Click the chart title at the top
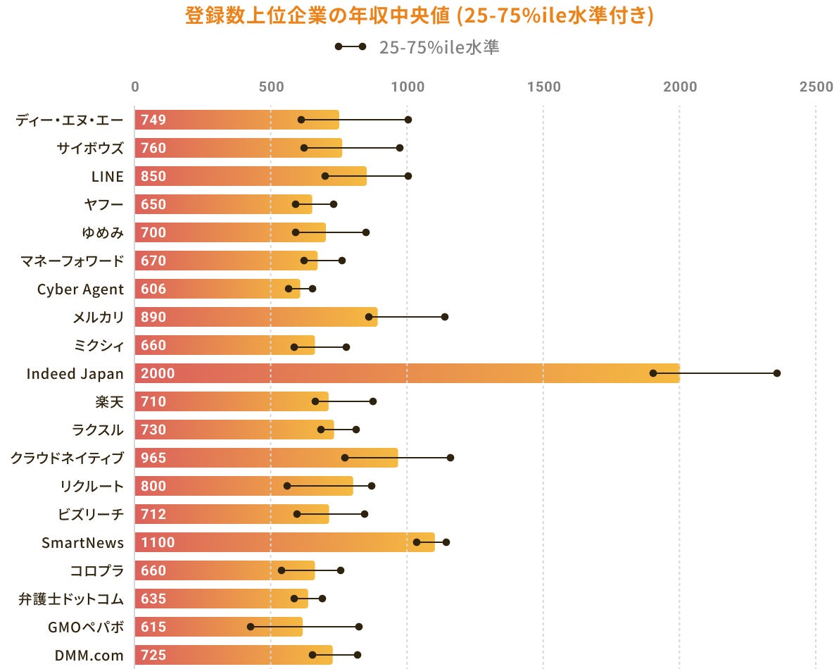point(419,15)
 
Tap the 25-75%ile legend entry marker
point(351,47)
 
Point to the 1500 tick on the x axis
point(543,87)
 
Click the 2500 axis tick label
point(816,87)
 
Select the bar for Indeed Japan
point(407,373)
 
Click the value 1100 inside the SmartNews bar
point(158,542)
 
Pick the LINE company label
point(107,176)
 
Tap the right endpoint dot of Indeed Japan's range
point(777,373)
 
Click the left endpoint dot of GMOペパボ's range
point(251,626)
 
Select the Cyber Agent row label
point(80,289)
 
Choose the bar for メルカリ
point(256,317)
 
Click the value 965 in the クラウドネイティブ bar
point(153,458)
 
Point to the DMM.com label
point(89,655)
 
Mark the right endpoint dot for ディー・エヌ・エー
point(408,120)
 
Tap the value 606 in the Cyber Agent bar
point(153,289)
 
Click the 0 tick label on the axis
point(135,87)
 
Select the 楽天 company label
point(109,401)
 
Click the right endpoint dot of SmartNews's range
point(446,542)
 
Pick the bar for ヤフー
point(223,204)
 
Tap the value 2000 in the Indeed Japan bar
point(158,373)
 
